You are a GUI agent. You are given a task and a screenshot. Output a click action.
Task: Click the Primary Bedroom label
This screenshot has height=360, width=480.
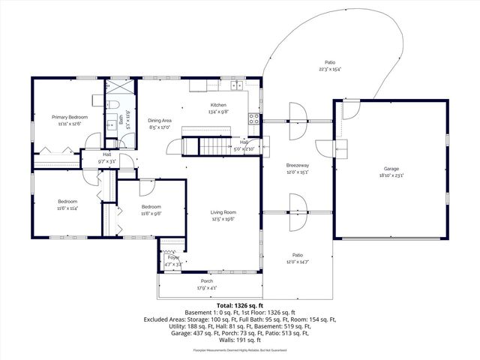tap(69, 117)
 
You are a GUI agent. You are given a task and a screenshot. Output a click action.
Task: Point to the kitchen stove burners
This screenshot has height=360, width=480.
tap(255, 117)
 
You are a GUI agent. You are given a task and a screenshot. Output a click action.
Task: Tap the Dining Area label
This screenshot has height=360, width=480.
tap(160, 120)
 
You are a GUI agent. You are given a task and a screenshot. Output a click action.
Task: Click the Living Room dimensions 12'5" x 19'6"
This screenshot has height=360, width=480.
tap(223, 220)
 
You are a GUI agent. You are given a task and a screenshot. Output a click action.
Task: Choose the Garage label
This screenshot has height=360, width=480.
tap(390, 169)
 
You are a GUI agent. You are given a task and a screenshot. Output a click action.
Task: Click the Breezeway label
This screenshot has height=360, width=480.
tap(298, 165)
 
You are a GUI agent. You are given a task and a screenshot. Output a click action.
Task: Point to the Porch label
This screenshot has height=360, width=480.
tap(206, 280)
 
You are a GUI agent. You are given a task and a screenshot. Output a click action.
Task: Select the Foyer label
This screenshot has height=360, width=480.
tap(173, 258)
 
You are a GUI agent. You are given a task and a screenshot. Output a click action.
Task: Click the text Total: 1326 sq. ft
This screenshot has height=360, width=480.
tap(239, 306)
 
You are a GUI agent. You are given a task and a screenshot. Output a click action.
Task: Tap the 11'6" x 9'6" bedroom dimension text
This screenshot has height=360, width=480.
tap(151, 214)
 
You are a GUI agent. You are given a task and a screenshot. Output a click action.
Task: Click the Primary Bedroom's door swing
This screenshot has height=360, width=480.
tap(93, 141)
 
